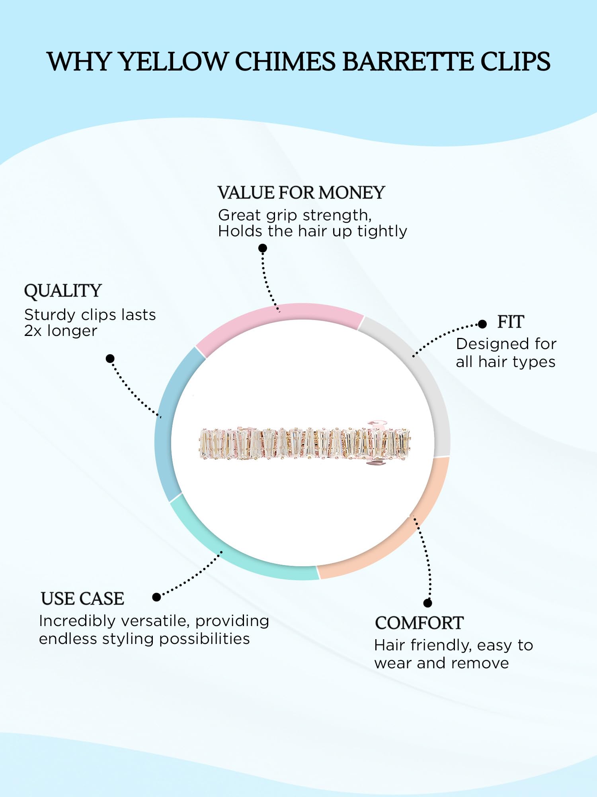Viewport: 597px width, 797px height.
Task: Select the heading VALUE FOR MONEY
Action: pos(301,193)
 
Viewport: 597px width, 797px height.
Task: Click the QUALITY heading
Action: pos(63,291)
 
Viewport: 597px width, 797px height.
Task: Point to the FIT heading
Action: pos(511,322)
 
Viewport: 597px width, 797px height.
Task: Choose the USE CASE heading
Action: pos(82,599)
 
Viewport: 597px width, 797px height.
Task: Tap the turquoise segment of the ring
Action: pos(239,562)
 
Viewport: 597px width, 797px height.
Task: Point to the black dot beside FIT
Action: pos(482,324)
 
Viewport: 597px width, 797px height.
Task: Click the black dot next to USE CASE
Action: pos(156,597)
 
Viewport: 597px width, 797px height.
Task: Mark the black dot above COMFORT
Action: pos(428,603)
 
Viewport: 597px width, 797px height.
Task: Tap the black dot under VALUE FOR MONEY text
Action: pos(263,248)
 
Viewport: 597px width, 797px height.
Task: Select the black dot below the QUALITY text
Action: pos(110,359)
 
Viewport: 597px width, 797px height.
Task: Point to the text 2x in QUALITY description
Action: pos(33,331)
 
